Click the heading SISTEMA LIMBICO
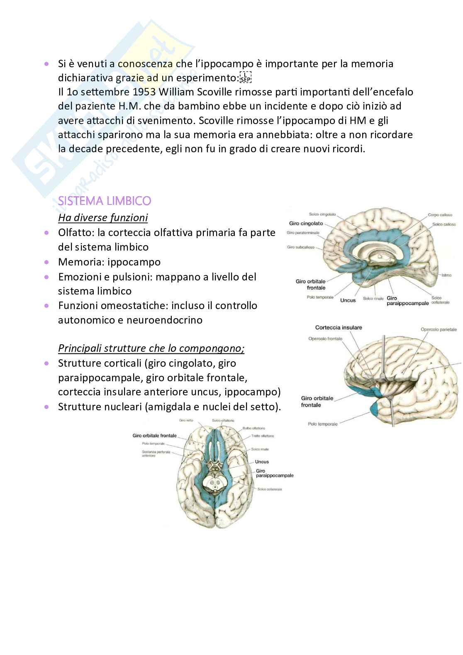[x=105, y=201]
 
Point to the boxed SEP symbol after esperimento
[x=246, y=78]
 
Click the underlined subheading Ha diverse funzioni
[x=103, y=218]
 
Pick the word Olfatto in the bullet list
[x=75, y=233]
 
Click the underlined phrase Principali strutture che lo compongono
[x=151, y=348]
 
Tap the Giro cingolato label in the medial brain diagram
[x=306, y=224]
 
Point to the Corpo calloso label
[x=440, y=215]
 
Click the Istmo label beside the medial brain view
[x=446, y=275]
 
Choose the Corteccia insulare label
[x=339, y=328]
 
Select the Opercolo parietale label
[x=439, y=330]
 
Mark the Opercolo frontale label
[x=325, y=339]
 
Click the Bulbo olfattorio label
[x=254, y=428]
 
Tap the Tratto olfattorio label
[x=262, y=436]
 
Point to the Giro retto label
[x=186, y=420]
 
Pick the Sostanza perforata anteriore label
[x=156, y=453]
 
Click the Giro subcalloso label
[x=300, y=247]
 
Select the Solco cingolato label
[x=322, y=214]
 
